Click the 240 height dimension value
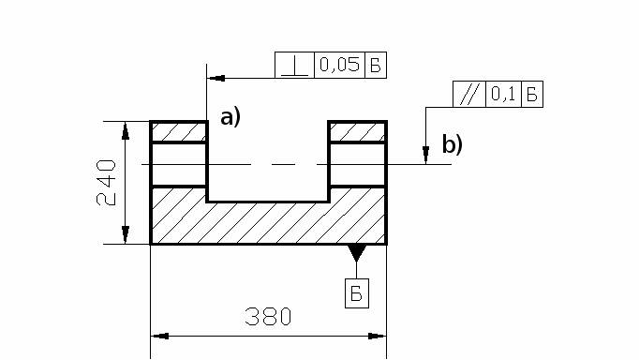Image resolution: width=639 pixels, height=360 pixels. pyautogui.click(x=106, y=183)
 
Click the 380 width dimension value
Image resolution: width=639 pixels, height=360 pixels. pyautogui.click(x=268, y=317)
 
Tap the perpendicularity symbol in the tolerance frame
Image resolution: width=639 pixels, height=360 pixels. pyautogui.click(x=294, y=66)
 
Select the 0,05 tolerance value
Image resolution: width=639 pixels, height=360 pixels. pyautogui.click(x=339, y=65)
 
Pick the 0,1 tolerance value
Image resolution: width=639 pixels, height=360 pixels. pyautogui.click(x=503, y=94)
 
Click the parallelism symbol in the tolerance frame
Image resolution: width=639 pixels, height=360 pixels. pyautogui.click(x=469, y=94)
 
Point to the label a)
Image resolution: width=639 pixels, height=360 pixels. pyautogui.click(x=230, y=117)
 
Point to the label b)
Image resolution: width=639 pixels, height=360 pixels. pyautogui.click(x=453, y=144)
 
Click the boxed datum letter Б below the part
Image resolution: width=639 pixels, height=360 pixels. pyautogui.click(x=357, y=293)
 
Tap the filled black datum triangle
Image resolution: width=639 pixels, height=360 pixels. pyautogui.click(x=357, y=252)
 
